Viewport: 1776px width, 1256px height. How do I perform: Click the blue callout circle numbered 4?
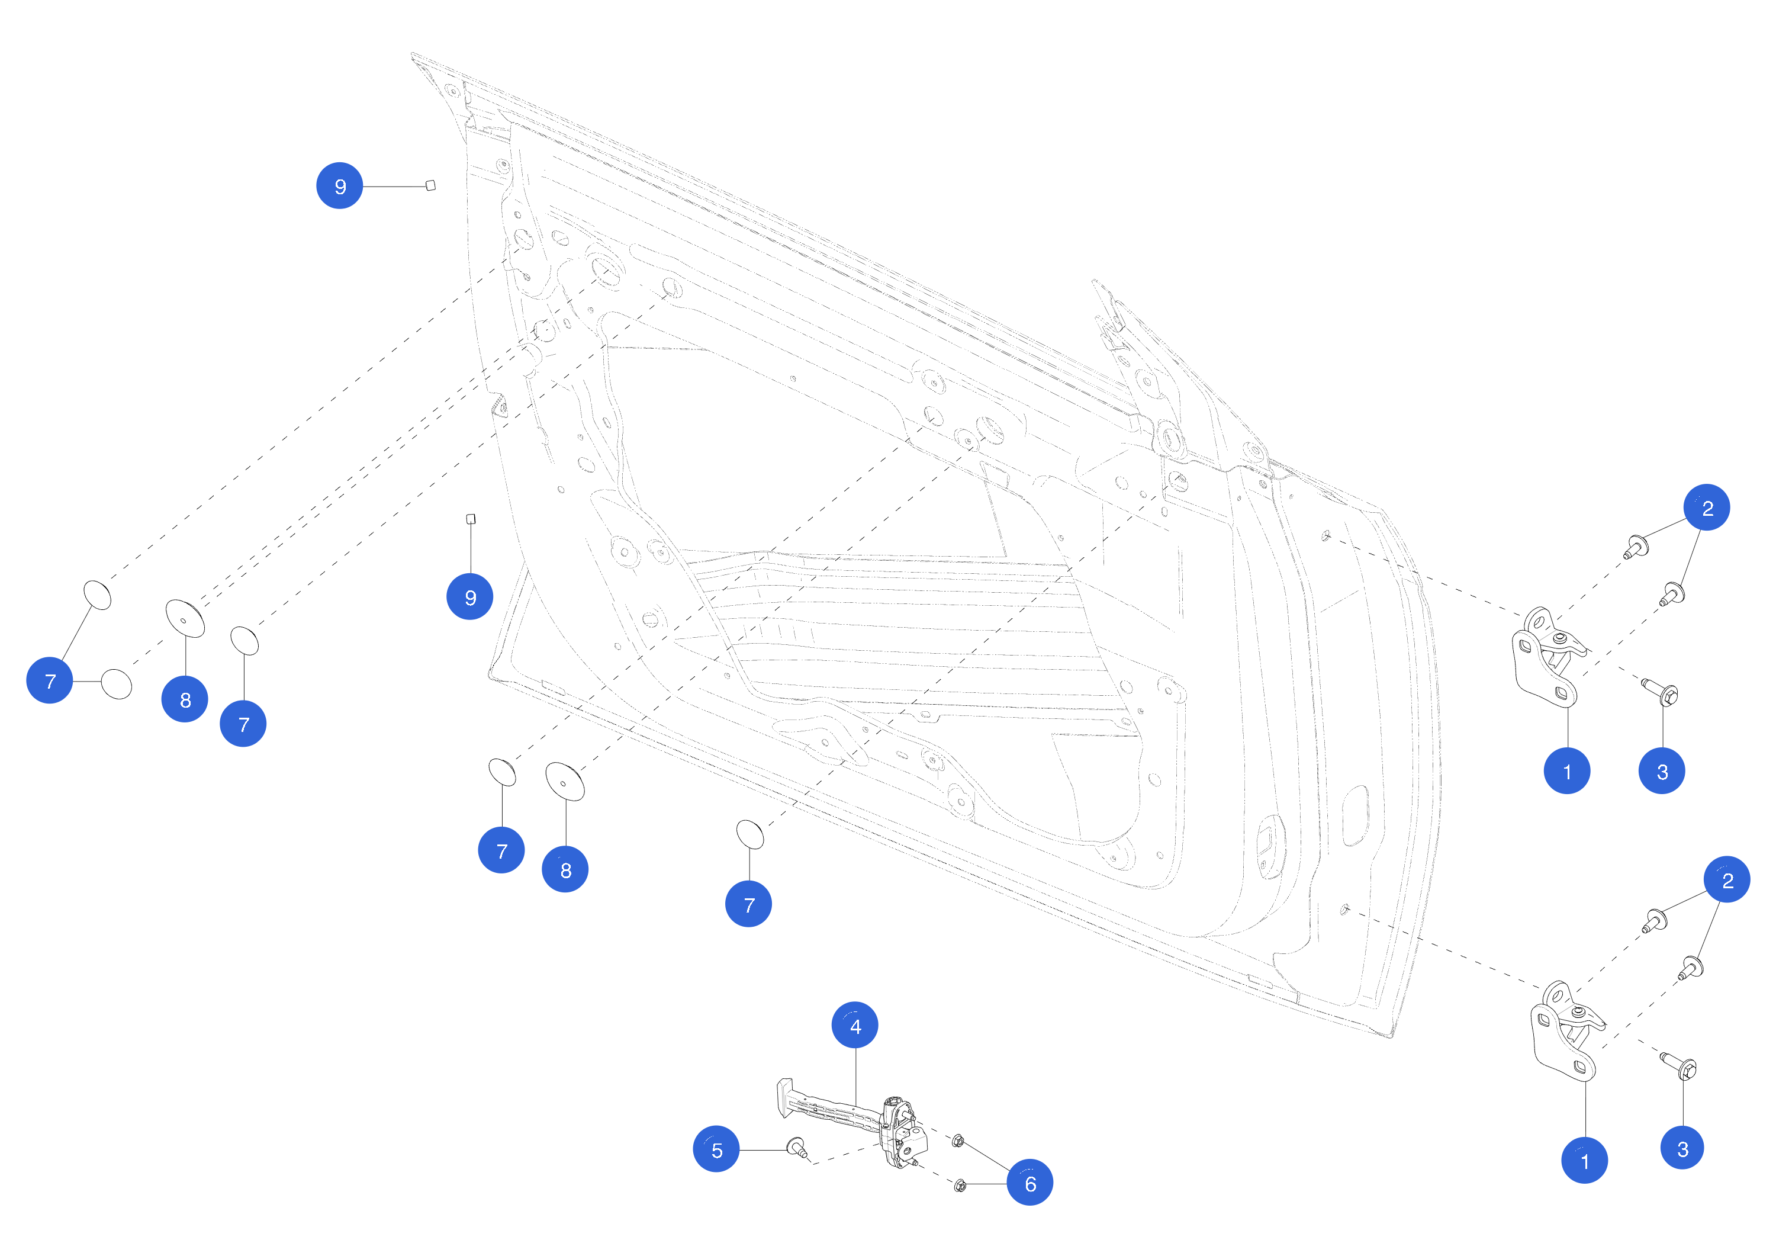coord(855,1026)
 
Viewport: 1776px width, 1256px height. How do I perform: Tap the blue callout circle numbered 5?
coord(716,1149)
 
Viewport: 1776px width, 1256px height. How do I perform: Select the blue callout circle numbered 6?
coord(1029,1183)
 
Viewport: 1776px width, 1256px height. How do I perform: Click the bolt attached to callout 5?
coord(797,1147)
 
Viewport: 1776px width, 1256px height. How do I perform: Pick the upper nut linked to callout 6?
coord(958,1140)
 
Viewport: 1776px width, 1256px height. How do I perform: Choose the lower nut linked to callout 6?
coord(960,1185)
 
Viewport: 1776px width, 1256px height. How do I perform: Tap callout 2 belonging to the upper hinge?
coord(1706,507)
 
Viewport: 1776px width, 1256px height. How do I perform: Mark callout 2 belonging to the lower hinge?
coord(1726,879)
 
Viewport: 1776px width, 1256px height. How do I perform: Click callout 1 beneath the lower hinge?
coord(1584,1160)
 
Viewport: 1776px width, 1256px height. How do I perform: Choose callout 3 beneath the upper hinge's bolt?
coord(1662,771)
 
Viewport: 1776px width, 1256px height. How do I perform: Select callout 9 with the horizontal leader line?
coord(340,186)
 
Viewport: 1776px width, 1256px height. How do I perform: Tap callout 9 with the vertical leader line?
coord(469,597)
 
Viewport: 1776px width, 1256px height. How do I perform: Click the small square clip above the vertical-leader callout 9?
coord(470,519)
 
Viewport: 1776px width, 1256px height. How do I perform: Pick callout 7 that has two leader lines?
coord(50,680)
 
